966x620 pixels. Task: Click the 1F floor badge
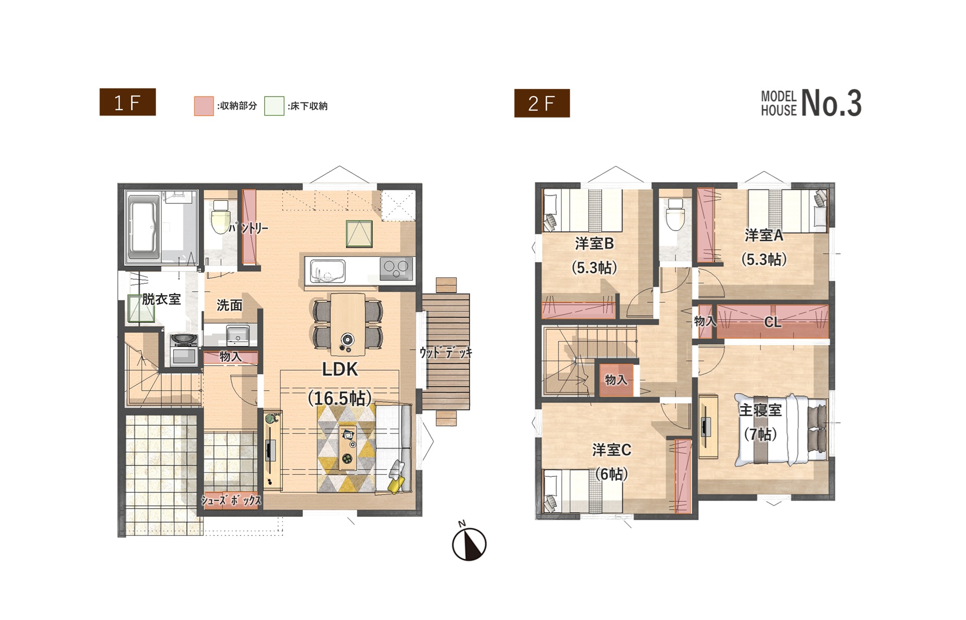coord(128,102)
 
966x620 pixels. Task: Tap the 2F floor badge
coord(542,103)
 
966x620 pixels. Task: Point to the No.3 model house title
coord(811,103)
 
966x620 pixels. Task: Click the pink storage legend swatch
coord(204,106)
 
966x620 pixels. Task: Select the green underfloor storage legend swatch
coord(274,106)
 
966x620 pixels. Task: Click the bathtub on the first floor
coord(143,227)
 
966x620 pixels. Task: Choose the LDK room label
coord(340,369)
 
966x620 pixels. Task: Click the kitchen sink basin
coord(327,271)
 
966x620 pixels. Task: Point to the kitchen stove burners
coord(397,269)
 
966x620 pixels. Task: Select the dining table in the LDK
coord(348,324)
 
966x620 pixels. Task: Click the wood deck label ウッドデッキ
coord(446,353)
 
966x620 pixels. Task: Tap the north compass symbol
coord(469,543)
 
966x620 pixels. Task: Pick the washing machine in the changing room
coord(184,350)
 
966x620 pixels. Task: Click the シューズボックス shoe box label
coord(231,500)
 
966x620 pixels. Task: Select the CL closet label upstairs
coord(773,322)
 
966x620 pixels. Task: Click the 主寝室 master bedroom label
coord(760,410)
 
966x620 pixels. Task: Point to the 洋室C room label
coord(612,450)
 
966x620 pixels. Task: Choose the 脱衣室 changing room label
coord(161,299)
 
